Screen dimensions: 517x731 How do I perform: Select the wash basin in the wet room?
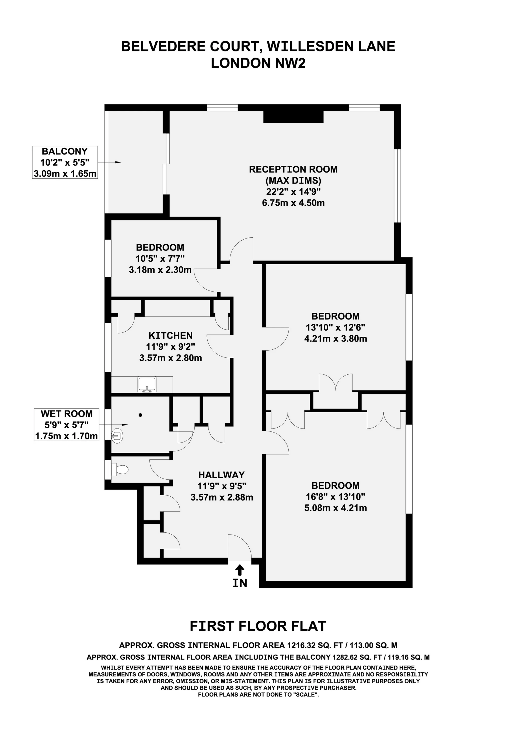(117, 435)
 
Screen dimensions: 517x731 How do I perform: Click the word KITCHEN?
(170, 336)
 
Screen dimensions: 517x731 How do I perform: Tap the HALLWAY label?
(221, 475)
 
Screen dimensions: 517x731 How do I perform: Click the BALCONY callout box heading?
(65, 151)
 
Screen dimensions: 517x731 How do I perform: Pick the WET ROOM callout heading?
(67, 414)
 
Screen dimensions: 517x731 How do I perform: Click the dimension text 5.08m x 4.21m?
(336, 508)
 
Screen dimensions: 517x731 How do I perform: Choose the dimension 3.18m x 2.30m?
(160, 270)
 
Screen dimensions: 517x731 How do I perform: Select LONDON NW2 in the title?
(258, 63)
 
